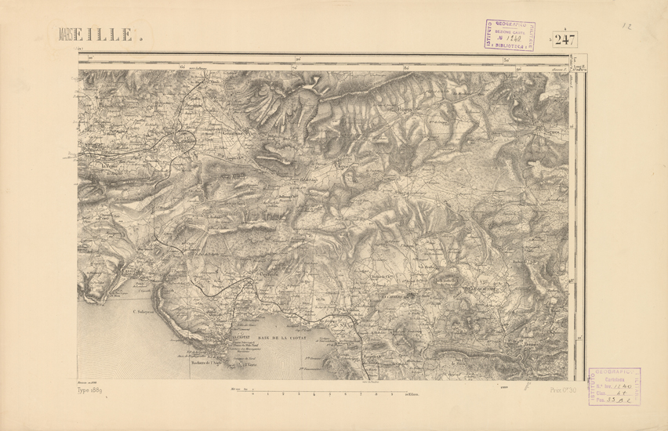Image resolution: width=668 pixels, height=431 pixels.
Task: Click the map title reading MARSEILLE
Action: click(100, 34)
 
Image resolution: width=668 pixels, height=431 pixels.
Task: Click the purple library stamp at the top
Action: click(509, 35)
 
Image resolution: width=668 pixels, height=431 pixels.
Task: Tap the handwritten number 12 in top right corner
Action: click(627, 27)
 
